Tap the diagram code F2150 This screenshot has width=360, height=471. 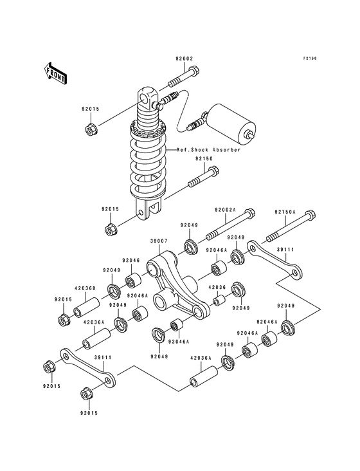click(x=311, y=58)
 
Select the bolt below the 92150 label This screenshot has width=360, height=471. click(x=204, y=179)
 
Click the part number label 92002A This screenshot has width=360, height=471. click(x=225, y=210)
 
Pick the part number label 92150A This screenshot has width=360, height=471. click(x=285, y=211)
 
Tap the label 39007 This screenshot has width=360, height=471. click(x=159, y=241)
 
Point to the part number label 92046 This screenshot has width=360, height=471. click(x=130, y=261)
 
